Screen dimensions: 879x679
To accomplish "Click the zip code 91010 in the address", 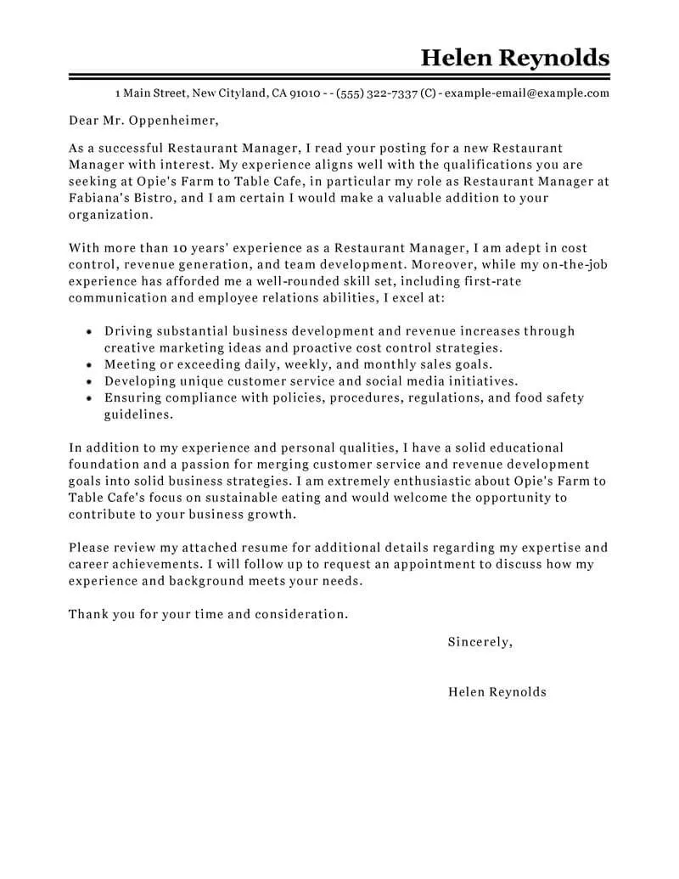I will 305,93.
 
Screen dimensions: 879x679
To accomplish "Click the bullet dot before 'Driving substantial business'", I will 90,332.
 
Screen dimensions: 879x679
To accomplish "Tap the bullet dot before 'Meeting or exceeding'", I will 90,364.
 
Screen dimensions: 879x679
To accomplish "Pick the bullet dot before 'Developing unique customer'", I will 90,381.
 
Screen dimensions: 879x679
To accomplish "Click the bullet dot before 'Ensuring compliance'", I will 90,397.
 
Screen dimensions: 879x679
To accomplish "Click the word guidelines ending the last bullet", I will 139,414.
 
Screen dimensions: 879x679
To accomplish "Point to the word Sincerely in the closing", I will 480,642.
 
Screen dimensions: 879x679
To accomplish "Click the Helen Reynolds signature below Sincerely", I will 497,692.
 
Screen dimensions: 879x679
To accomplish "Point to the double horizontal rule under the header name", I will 339,77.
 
